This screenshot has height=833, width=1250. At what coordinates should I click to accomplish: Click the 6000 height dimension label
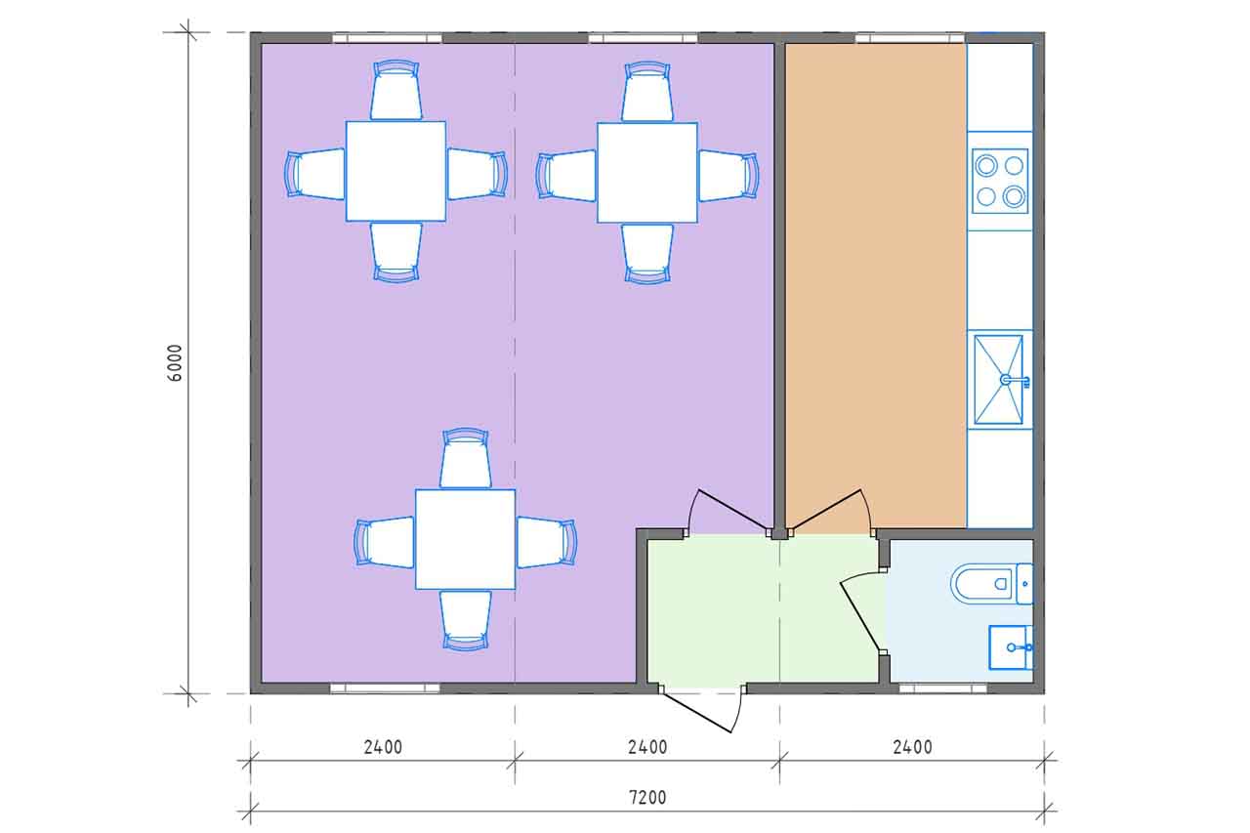tap(175, 363)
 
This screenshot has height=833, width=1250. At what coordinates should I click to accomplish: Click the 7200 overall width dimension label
tap(647, 797)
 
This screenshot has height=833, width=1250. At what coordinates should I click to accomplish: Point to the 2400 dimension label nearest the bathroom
tap(912, 746)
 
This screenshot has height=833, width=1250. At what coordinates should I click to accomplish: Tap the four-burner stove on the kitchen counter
tap(1000, 181)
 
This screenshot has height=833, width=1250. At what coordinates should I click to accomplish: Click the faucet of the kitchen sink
tap(1015, 381)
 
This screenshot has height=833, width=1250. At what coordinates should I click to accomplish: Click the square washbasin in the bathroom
tap(1011, 647)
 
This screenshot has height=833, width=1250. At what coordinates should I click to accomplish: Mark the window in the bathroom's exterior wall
tap(942, 689)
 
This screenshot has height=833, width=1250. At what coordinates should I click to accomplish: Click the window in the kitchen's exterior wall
tap(909, 38)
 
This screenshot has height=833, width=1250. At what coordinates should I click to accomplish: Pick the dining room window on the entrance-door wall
tap(385, 689)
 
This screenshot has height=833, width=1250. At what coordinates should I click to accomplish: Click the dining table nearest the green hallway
tap(466, 539)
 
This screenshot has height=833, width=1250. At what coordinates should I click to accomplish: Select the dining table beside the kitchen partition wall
tap(647, 173)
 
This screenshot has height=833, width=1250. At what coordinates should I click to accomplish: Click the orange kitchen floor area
tap(876, 279)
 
